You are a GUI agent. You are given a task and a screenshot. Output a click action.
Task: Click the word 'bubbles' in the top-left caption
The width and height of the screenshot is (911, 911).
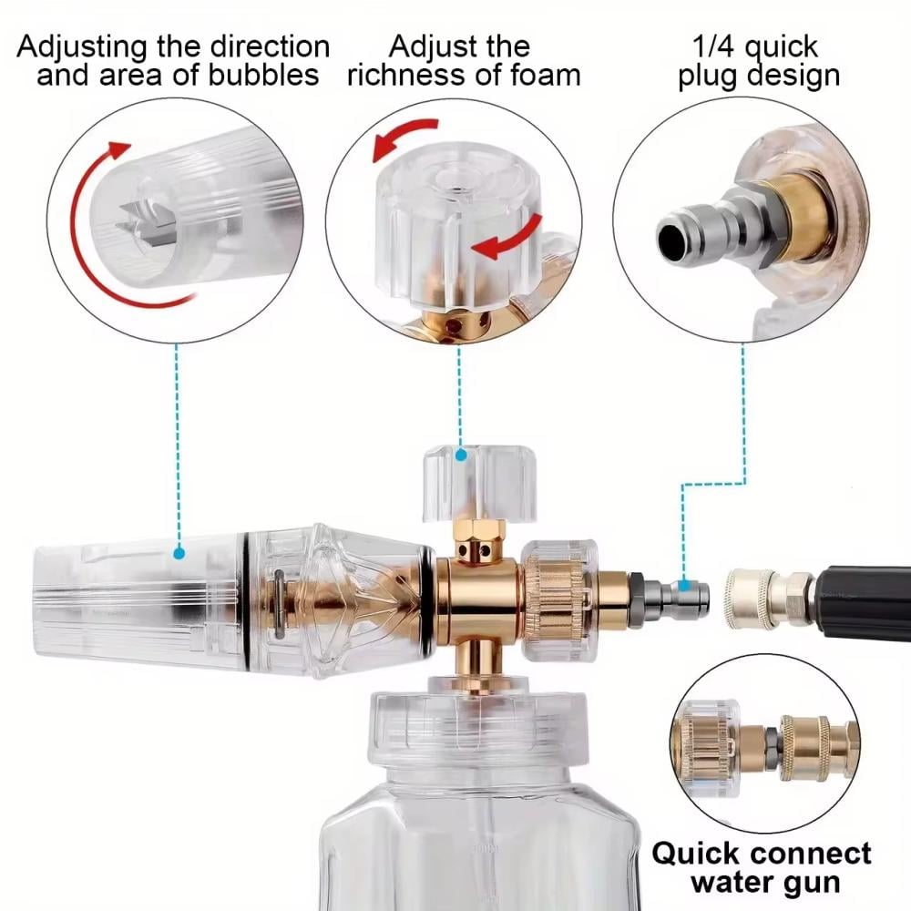(264, 75)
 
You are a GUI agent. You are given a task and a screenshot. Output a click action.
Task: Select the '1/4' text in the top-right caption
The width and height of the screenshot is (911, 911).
(713, 46)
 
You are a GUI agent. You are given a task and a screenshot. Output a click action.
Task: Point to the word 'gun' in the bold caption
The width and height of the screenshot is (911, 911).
(812, 884)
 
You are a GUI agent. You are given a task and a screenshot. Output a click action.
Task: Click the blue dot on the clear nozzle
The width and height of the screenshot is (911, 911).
(179, 553)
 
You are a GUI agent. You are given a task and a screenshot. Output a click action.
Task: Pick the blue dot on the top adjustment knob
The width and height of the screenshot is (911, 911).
(461, 455)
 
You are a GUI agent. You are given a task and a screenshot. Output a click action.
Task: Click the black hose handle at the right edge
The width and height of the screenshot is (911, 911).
(864, 602)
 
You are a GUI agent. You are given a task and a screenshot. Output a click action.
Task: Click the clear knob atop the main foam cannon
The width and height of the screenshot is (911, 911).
(479, 482)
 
